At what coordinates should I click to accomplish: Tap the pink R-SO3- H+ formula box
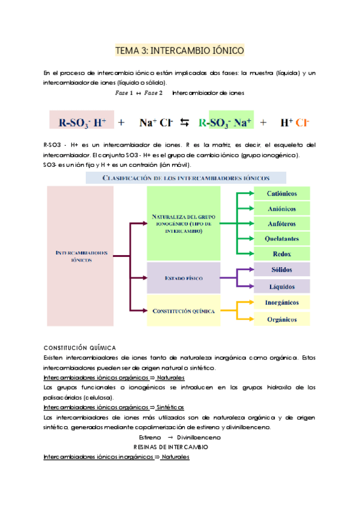(x=82, y=122)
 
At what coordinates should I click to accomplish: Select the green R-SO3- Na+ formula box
(x=231, y=122)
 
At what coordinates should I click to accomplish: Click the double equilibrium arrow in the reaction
(x=184, y=123)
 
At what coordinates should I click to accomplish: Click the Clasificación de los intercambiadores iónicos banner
(x=186, y=178)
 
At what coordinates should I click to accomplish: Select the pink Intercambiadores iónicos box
(x=80, y=256)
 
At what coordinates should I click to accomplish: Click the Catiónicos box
(x=281, y=193)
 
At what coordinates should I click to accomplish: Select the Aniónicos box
(x=281, y=208)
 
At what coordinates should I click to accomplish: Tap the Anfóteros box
(x=281, y=223)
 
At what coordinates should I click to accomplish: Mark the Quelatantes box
(x=281, y=238)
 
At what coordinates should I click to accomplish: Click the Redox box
(x=281, y=253)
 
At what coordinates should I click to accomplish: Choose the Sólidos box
(x=281, y=270)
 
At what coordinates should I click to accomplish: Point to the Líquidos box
(x=281, y=286)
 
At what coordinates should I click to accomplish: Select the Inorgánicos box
(x=281, y=303)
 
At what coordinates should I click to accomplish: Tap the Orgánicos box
(x=281, y=319)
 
